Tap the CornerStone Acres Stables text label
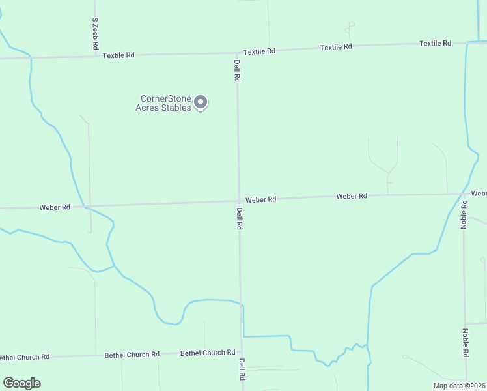[x=163, y=104]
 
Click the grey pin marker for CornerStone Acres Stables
[x=201, y=102]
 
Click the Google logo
[x=21, y=383]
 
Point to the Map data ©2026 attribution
[x=460, y=386]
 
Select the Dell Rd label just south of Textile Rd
[x=238, y=70]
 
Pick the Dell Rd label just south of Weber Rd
[x=240, y=218]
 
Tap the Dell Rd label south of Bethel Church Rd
[x=242, y=369]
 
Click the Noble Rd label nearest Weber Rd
[x=464, y=214]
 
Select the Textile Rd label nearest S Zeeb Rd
[x=118, y=55]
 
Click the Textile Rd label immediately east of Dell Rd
[x=260, y=51]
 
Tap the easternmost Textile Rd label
[x=435, y=43]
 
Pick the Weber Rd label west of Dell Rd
[x=55, y=207]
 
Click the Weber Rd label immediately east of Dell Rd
[x=261, y=199]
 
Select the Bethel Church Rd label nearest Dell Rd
[x=208, y=353]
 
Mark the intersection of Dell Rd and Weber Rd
[x=238, y=201]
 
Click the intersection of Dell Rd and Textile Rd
[x=236, y=53]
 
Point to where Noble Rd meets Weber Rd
[x=463, y=194]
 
